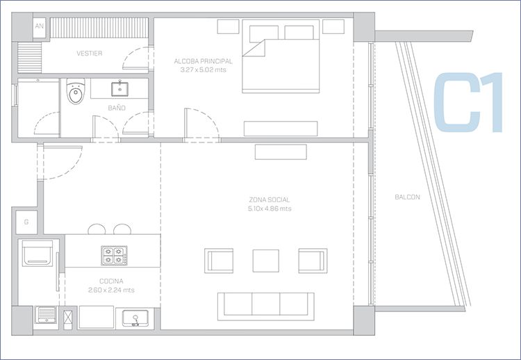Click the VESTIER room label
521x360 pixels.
pyautogui.click(x=90, y=54)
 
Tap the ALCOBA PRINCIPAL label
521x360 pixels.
pyautogui.click(x=204, y=61)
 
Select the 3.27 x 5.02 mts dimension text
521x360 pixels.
pyautogui.click(x=204, y=69)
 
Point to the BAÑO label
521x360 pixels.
pyautogui.click(x=117, y=108)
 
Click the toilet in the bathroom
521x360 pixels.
pyautogui.click(x=76, y=91)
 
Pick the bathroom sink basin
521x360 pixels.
pyautogui.click(x=119, y=89)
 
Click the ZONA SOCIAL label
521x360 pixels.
pyautogui.click(x=270, y=199)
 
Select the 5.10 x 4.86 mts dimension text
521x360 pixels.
pyautogui.click(x=270, y=208)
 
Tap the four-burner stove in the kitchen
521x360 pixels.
pyautogui.click(x=114, y=255)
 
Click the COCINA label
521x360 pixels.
pyautogui.click(x=111, y=281)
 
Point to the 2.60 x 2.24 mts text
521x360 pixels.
pyautogui.click(x=111, y=291)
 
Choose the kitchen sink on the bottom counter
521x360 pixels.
pyautogui.click(x=135, y=318)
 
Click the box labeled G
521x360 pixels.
pyautogui.click(x=26, y=222)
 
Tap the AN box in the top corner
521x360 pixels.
pyautogui.click(x=39, y=26)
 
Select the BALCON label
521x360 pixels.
pyautogui.click(x=407, y=197)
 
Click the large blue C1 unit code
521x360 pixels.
pyautogui.click(x=468, y=102)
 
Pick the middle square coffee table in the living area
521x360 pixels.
pyautogui.click(x=266, y=261)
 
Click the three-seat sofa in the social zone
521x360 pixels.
pyautogui.click(x=266, y=306)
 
